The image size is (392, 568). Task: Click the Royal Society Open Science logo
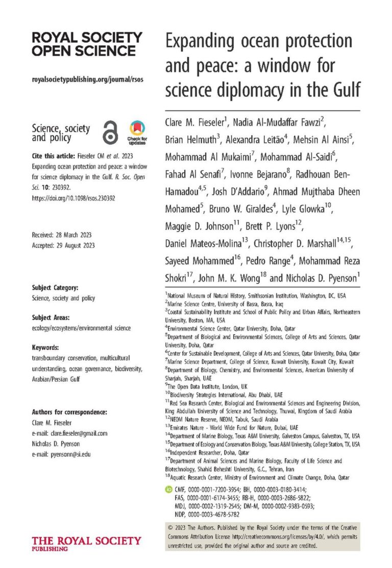click(87, 44)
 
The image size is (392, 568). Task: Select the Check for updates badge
click(136, 132)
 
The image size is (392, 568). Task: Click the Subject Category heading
click(55, 288)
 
